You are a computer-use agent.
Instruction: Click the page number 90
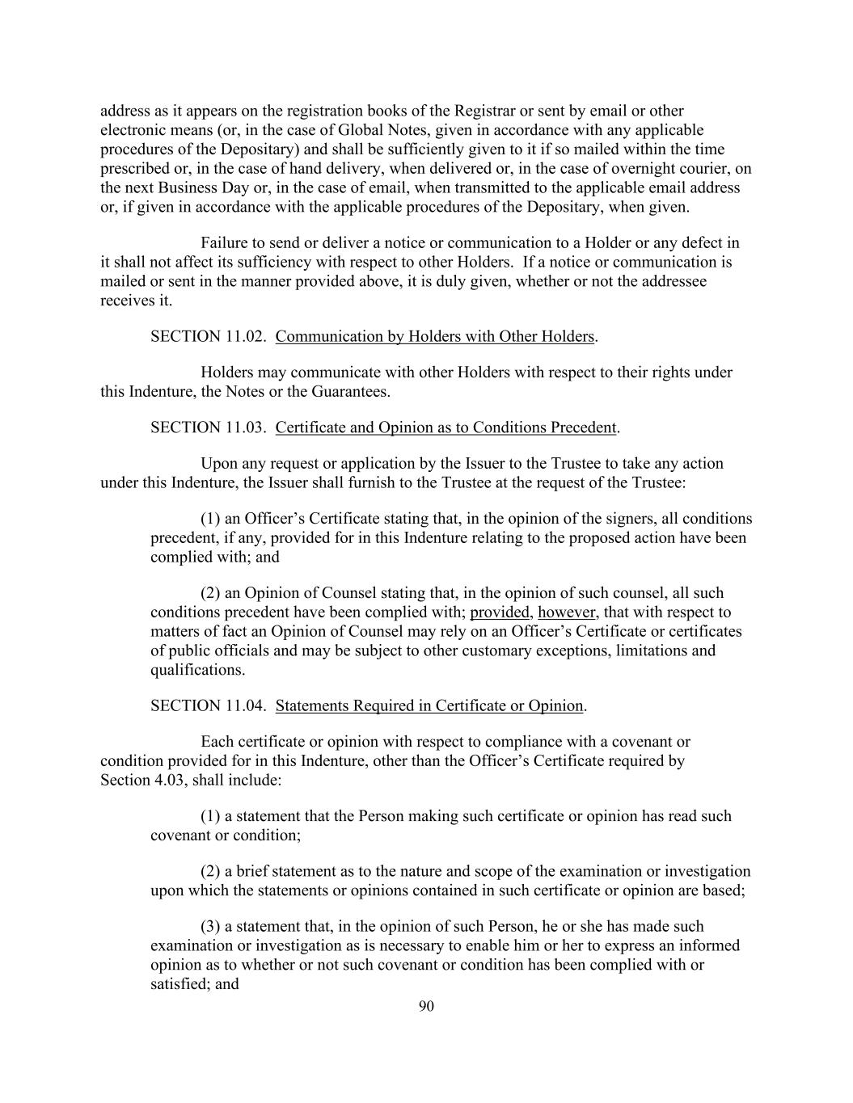(x=427, y=1006)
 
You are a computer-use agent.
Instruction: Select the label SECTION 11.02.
(x=208, y=337)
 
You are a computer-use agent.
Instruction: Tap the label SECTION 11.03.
(x=208, y=427)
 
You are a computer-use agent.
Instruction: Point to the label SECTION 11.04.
(x=208, y=706)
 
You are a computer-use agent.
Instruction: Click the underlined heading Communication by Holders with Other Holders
(x=435, y=337)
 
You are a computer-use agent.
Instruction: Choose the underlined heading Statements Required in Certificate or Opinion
(x=429, y=706)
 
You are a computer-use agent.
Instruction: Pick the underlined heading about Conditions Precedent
(x=446, y=427)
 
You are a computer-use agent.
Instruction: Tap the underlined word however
(x=567, y=613)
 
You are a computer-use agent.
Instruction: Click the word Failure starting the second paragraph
(x=224, y=243)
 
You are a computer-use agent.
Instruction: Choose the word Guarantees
(x=351, y=393)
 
